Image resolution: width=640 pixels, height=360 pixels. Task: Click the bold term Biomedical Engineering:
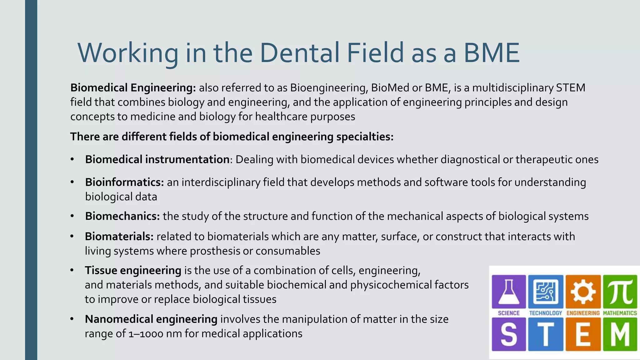point(133,88)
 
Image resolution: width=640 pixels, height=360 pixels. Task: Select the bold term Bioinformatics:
point(124,182)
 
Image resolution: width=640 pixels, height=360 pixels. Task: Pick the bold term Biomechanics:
point(122,216)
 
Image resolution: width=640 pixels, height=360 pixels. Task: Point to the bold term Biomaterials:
point(119,237)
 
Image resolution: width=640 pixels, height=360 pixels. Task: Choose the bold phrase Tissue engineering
point(133,270)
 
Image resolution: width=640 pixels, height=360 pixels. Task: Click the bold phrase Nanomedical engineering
point(151,319)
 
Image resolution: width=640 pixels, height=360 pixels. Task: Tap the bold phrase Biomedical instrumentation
point(157,159)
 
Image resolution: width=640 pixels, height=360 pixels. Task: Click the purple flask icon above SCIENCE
point(509,292)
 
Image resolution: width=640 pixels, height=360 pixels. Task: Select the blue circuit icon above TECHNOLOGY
point(546,292)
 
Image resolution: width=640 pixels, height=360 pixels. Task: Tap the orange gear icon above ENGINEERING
point(583,292)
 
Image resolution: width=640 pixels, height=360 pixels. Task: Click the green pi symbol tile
point(620,292)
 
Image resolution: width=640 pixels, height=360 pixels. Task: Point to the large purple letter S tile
point(509,334)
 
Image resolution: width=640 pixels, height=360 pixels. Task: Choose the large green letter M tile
point(620,334)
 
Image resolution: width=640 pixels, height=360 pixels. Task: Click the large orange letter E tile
point(583,334)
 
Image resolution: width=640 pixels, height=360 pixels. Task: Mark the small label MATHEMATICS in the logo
point(620,313)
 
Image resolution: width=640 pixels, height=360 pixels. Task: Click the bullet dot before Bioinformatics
point(72,182)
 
